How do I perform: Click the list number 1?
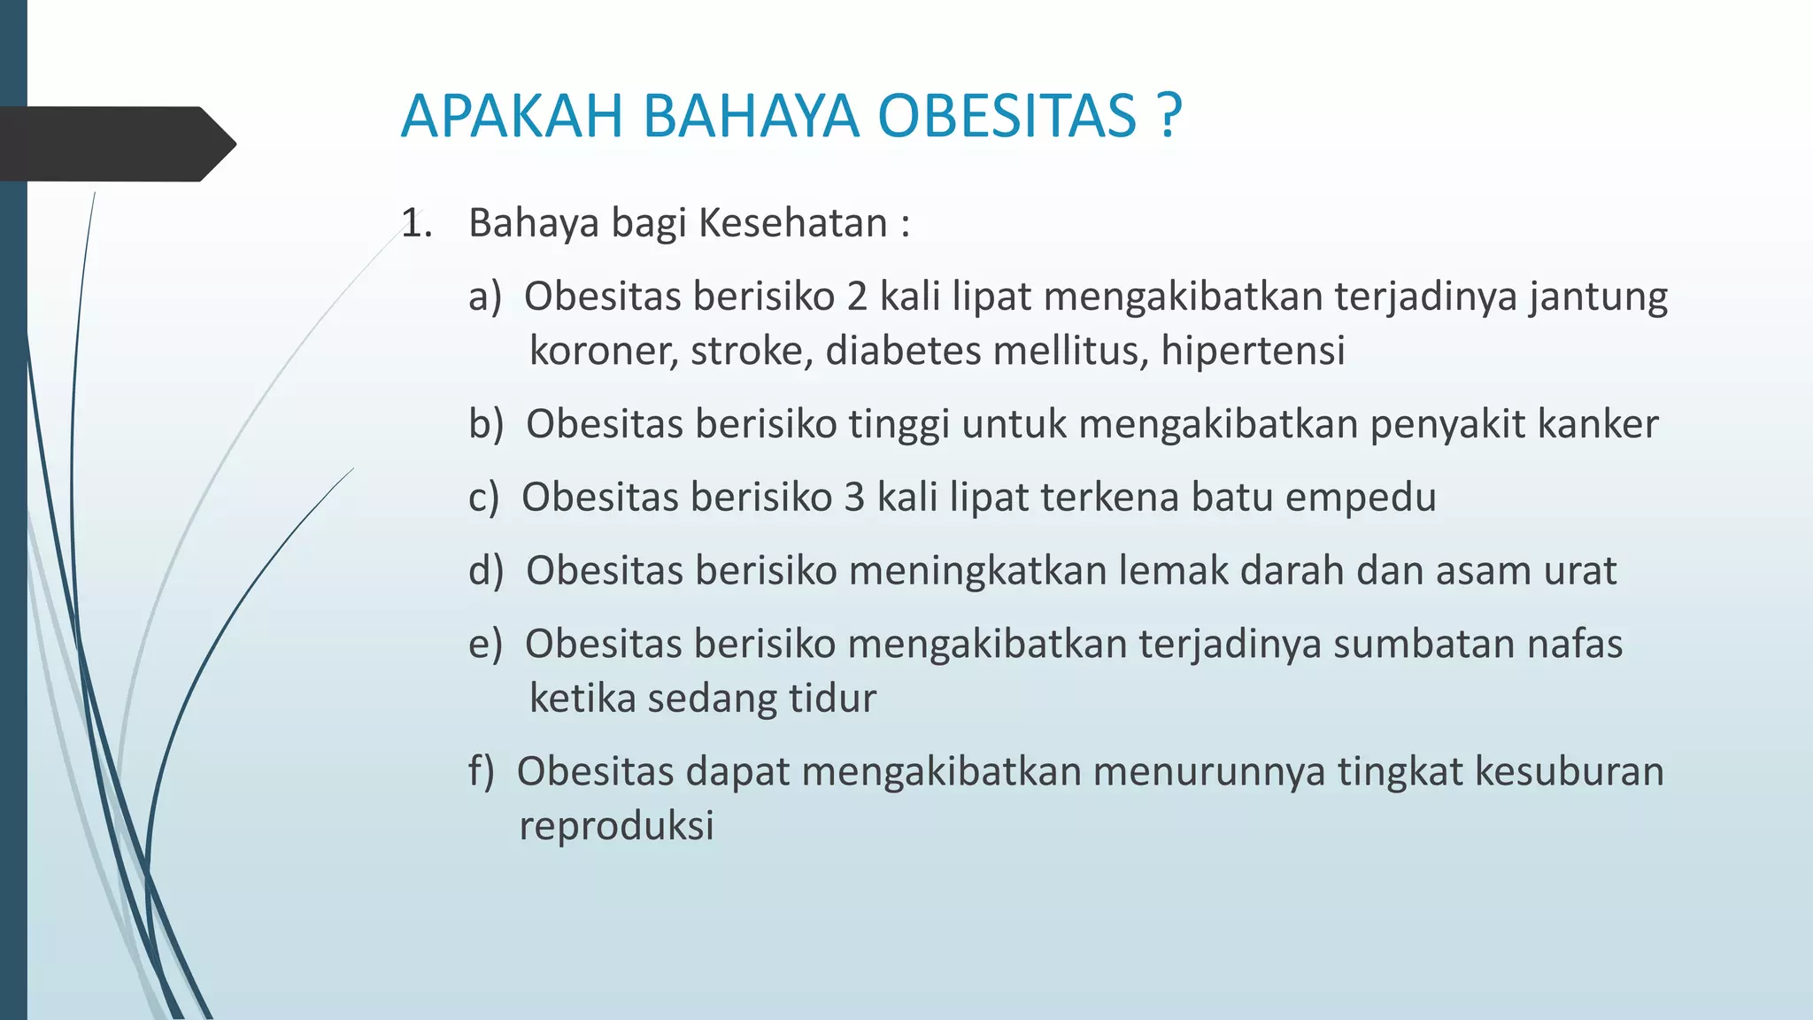point(416,223)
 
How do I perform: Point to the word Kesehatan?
point(792,223)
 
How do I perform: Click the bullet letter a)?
point(484,297)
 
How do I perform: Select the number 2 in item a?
point(856,297)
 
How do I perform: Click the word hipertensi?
point(1253,352)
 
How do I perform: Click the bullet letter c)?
point(483,498)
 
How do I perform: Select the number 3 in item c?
point(853,498)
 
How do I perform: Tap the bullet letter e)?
point(484,645)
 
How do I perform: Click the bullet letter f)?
point(481,771)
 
